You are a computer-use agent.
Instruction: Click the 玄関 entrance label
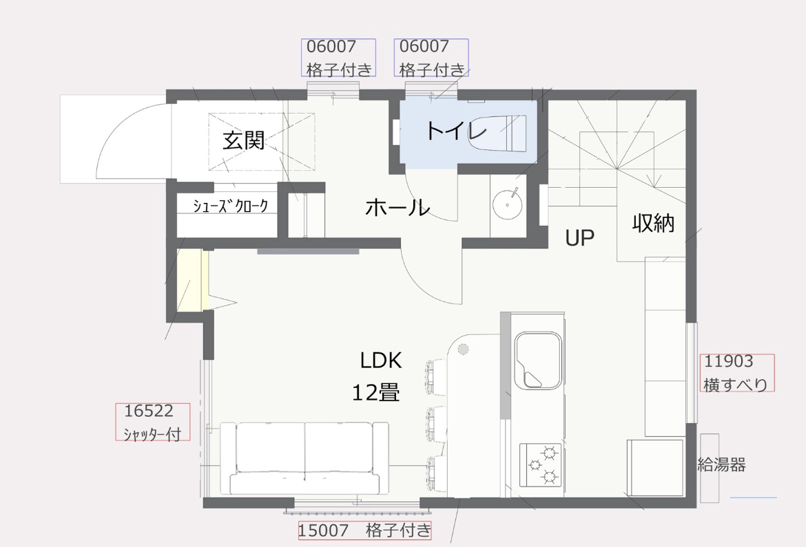(244, 140)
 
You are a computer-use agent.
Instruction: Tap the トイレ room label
(456, 131)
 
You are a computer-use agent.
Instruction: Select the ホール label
(397, 208)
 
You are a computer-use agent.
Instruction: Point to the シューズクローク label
(230, 206)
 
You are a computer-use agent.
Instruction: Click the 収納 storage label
(653, 223)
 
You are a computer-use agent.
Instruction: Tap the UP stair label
(580, 238)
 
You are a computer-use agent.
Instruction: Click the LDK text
(381, 361)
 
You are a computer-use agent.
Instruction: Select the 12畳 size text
(375, 393)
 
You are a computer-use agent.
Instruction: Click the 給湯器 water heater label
(721, 465)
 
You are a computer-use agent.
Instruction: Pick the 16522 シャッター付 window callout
(153, 422)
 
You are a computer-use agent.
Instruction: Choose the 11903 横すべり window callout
(737, 373)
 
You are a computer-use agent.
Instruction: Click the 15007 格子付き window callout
(364, 530)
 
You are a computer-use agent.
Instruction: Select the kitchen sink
(538, 360)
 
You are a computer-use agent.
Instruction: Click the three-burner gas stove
(541, 465)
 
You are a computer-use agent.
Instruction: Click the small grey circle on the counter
(463, 350)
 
